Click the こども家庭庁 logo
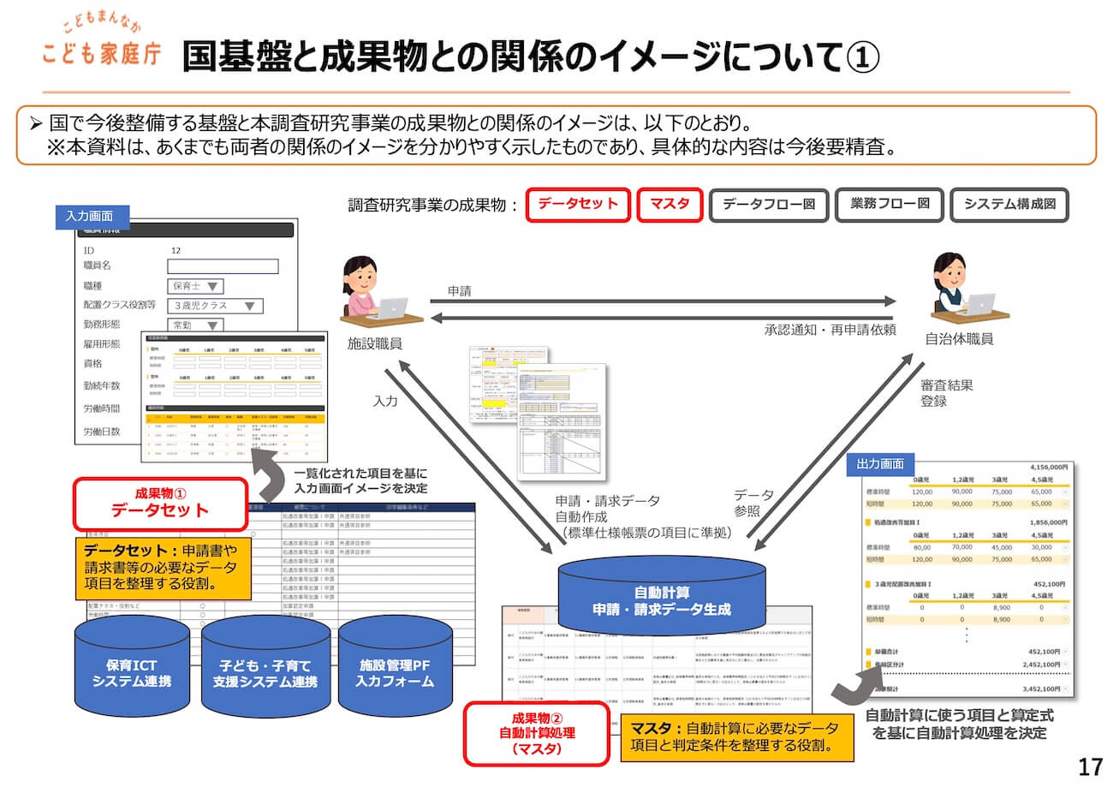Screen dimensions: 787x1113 [101, 45]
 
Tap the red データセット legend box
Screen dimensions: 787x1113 [578, 206]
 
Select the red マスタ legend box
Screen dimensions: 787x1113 [670, 206]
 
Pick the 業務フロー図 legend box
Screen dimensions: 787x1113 [889, 206]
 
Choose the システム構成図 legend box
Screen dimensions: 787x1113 [1009, 206]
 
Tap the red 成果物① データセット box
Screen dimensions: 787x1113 [161, 503]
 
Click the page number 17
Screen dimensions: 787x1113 [1090, 766]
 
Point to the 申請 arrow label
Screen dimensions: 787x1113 [460, 291]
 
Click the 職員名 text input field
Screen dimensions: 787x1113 [223, 266]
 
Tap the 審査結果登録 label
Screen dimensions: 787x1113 [934, 392]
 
